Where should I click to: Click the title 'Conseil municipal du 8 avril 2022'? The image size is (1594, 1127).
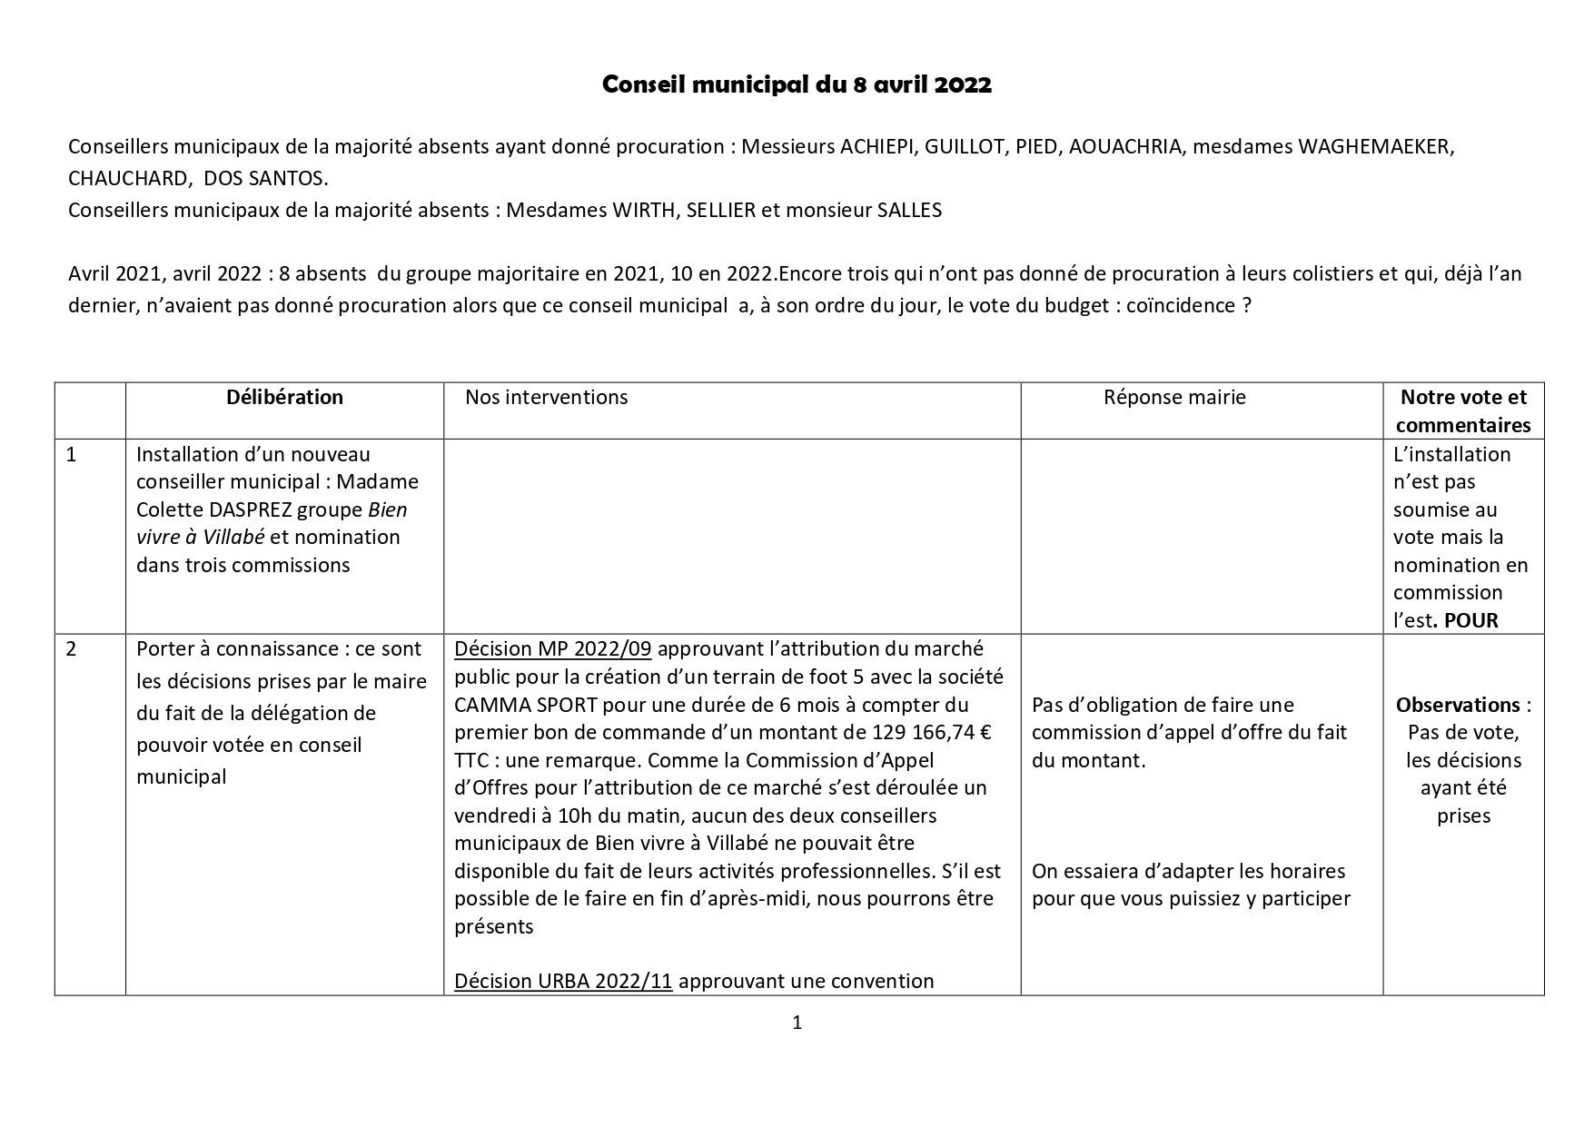[797, 85]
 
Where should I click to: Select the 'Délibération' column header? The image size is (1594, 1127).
[284, 397]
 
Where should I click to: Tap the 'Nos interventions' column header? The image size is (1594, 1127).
[546, 397]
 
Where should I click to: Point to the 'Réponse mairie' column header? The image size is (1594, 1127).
[1174, 397]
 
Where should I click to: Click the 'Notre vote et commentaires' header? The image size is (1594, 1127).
[1463, 410]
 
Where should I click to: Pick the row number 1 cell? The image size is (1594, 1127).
[72, 454]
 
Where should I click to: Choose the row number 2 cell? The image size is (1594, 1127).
[72, 649]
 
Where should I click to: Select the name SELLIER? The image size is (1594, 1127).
[720, 211]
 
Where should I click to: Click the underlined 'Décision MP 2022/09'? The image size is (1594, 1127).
[554, 649]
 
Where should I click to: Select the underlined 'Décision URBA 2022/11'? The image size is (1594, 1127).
[563, 982]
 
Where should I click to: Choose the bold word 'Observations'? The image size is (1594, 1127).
[1458, 705]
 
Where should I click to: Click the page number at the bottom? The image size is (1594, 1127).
[797, 1023]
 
